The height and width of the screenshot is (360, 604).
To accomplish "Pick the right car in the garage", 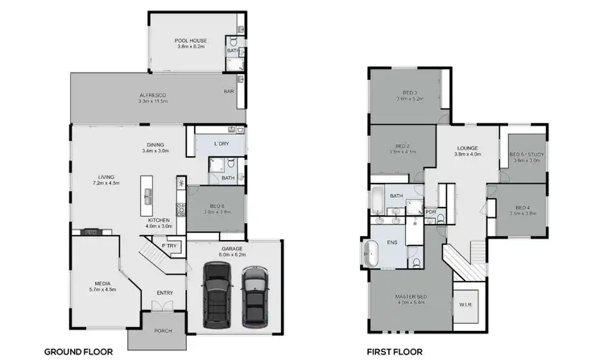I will click(254, 292).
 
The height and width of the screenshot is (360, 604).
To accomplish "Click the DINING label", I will click(155, 145).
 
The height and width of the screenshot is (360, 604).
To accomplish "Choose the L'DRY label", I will click(221, 143).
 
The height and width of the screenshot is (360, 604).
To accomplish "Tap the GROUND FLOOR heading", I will click(77, 351).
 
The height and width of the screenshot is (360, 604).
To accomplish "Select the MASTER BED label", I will click(410, 297).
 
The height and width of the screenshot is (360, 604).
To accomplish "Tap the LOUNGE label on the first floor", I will click(468, 149).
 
